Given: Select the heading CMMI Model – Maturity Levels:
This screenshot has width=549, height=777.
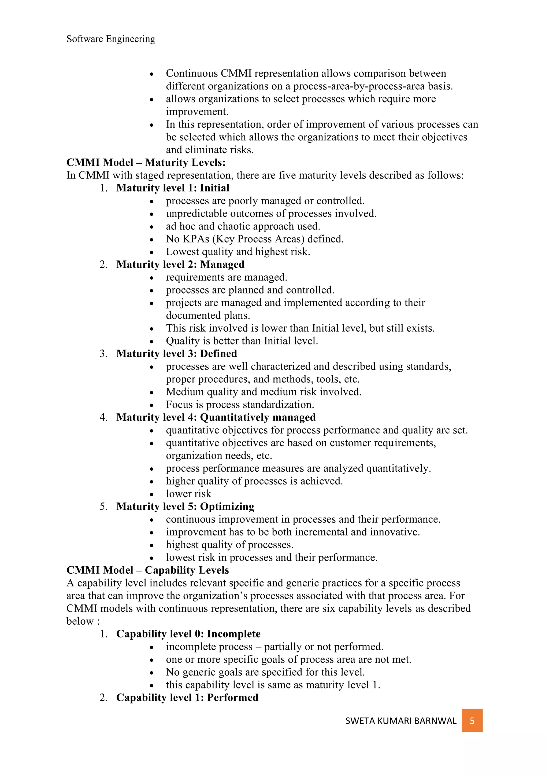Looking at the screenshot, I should click(146, 162).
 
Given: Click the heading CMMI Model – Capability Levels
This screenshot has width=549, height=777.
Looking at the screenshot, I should click(147, 570).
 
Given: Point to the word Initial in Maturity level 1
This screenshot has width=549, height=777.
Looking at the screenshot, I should click(214, 188).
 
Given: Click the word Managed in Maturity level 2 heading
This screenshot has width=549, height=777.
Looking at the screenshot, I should click(222, 264).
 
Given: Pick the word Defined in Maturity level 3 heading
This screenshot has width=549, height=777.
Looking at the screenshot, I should click(218, 354).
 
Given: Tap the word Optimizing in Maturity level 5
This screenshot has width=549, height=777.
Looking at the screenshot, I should click(227, 507).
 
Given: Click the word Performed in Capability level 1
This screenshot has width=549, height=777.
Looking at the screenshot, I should click(233, 698).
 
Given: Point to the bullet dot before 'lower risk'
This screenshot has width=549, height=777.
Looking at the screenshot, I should click(152, 494).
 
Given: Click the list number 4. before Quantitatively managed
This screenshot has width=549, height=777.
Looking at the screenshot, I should click(103, 417).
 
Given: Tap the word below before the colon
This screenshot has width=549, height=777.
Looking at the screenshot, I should click(80, 621).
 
